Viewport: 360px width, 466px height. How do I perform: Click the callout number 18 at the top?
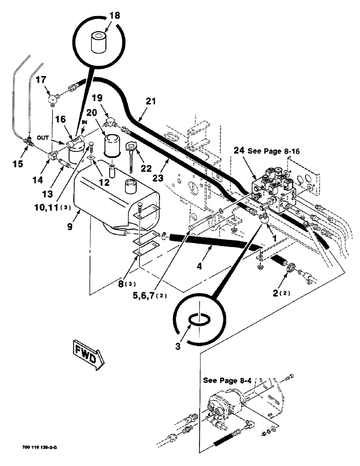[x=115, y=15]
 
